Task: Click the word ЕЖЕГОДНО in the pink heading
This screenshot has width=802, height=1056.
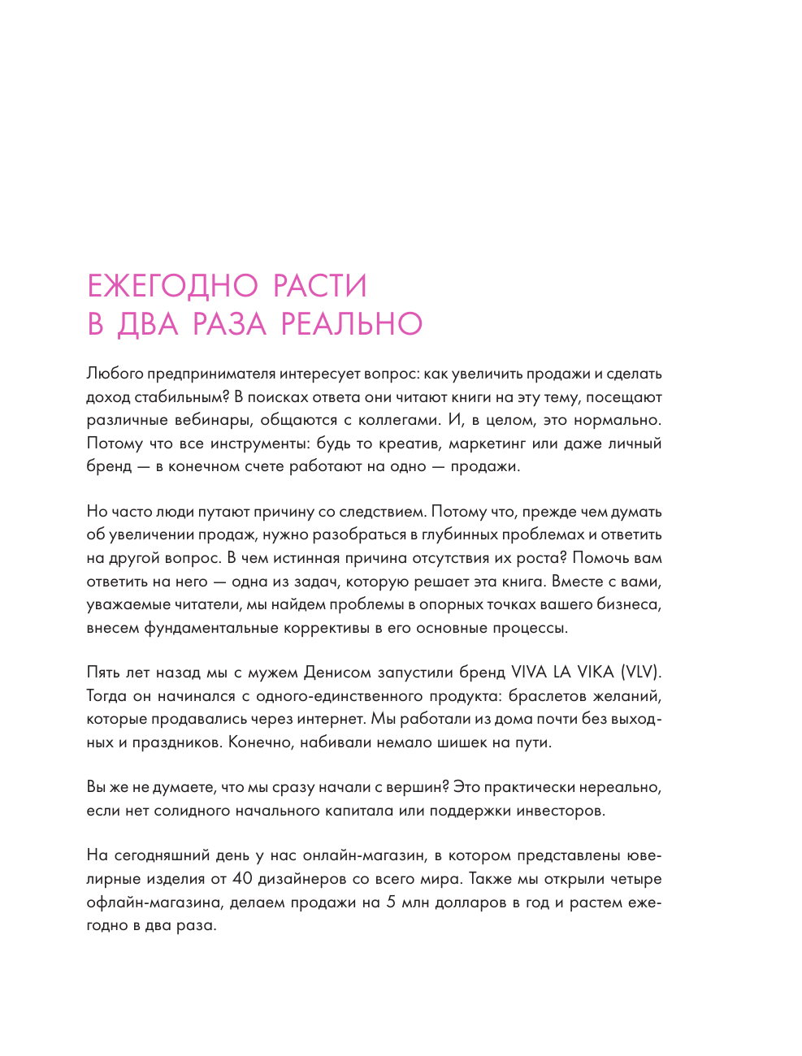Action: (172, 286)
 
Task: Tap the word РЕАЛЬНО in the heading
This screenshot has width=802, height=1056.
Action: (351, 324)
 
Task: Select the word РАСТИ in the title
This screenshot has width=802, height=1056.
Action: (319, 286)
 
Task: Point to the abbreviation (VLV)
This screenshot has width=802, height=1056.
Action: (641, 673)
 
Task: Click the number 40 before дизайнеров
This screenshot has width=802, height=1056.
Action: (242, 879)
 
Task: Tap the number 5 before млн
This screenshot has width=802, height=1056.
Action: (391, 902)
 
